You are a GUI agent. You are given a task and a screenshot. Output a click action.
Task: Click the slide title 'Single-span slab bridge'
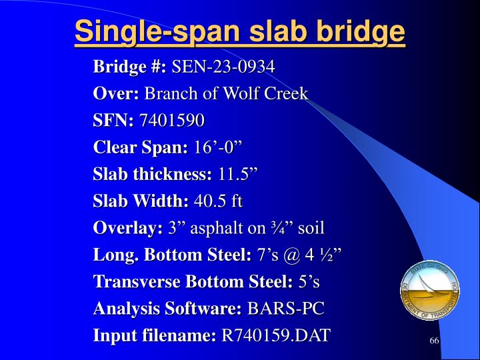(240, 32)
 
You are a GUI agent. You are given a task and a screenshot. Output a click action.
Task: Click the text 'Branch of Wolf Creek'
(226, 93)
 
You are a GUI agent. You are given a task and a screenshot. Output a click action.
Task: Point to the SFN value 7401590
(171, 121)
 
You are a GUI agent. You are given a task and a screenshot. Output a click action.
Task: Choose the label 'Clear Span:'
(141, 147)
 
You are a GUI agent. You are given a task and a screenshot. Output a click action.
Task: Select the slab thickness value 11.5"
(237, 175)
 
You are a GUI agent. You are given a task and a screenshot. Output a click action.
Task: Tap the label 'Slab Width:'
(141, 201)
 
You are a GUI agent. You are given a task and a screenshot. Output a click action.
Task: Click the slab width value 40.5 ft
(218, 201)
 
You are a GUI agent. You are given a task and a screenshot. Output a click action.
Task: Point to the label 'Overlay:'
(128, 228)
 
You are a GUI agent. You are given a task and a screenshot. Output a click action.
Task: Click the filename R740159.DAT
(275, 335)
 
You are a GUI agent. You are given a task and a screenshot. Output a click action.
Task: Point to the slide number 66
(434, 341)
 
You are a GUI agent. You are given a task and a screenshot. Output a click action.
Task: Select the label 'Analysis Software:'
(167, 309)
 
